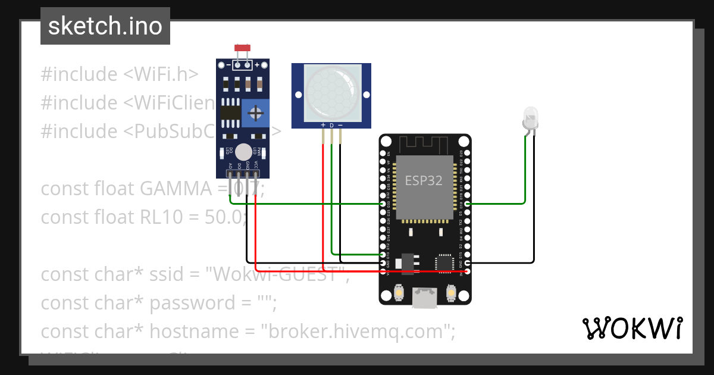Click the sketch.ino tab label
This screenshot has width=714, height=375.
click(105, 26)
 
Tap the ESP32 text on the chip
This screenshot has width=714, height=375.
click(424, 181)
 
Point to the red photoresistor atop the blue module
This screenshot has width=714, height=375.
click(242, 48)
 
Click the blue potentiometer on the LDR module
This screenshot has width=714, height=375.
click(256, 113)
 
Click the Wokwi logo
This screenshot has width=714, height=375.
click(631, 328)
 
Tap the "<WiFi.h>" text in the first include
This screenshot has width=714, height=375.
click(161, 74)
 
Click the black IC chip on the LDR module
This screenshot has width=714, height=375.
click(230, 113)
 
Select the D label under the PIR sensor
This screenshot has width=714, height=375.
click(332, 126)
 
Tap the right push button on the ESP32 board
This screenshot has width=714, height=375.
click(450, 293)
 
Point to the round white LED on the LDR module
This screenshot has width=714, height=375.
click(243, 152)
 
